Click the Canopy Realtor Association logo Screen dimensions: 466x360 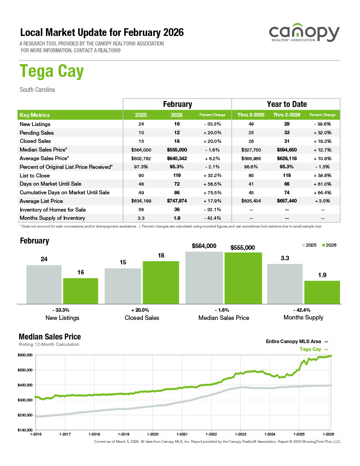(x=304, y=34)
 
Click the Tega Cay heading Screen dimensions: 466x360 (x=51, y=72)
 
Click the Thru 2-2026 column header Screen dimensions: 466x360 (x=284, y=115)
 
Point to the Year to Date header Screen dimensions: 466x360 (x=286, y=104)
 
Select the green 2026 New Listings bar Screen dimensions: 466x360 (x=81, y=290)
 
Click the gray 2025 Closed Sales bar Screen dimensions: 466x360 (x=122, y=286)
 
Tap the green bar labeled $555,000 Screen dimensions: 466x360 (x=243, y=278)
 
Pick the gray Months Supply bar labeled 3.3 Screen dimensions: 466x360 (x=285, y=284)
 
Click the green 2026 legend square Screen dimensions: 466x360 (x=323, y=245)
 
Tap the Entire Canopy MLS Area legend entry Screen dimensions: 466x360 (x=294, y=341)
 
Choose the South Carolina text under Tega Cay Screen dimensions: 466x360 (x=37, y=90)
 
